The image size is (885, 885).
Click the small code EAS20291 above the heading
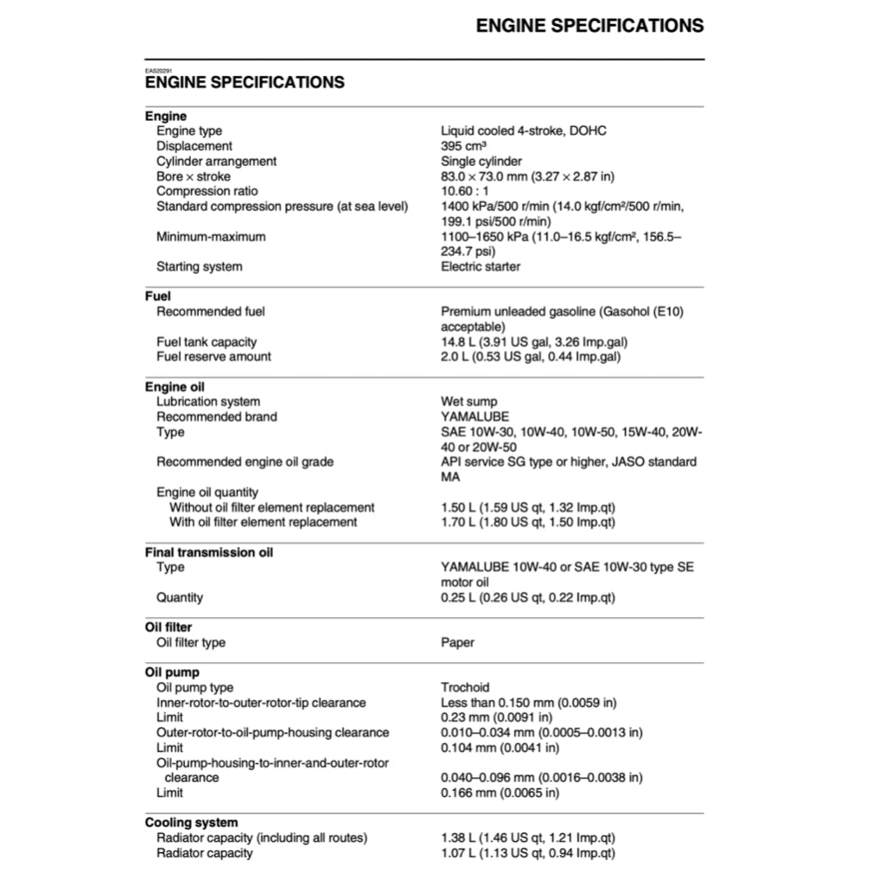click(158, 70)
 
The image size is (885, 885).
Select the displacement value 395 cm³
click(463, 146)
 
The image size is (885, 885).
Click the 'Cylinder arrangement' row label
click(216, 162)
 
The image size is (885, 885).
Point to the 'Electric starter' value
click(481, 266)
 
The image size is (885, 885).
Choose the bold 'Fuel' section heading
click(158, 296)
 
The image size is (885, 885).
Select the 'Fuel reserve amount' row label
click(213, 357)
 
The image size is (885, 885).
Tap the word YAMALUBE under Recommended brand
click(474, 417)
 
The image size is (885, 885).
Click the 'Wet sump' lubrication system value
click(469, 402)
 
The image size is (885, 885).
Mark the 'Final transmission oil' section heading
click(208, 552)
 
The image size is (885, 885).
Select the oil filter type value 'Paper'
click(458, 642)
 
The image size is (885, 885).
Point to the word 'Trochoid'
click(465, 688)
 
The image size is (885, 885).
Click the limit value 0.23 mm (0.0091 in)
click(496, 717)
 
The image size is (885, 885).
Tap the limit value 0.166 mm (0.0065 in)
click(500, 793)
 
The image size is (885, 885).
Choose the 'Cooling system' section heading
click(191, 823)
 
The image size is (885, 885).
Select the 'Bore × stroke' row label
click(194, 176)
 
